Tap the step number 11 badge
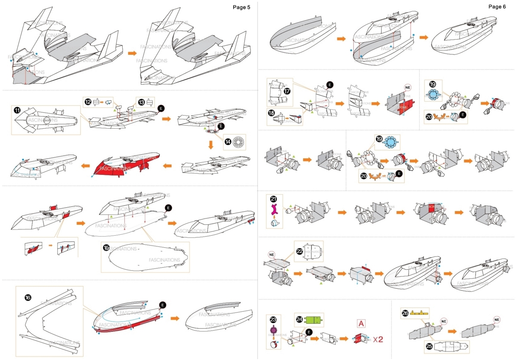click(x=17, y=110)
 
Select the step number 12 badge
click(x=88, y=102)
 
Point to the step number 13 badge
click(x=141, y=102)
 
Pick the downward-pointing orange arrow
click(x=211, y=144)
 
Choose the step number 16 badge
click(x=28, y=297)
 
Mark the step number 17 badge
click(x=287, y=91)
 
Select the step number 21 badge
click(x=273, y=199)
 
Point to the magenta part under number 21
click(x=273, y=210)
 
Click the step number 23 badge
click(x=273, y=319)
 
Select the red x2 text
click(x=378, y=339)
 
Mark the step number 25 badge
click(x=428, y=347)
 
